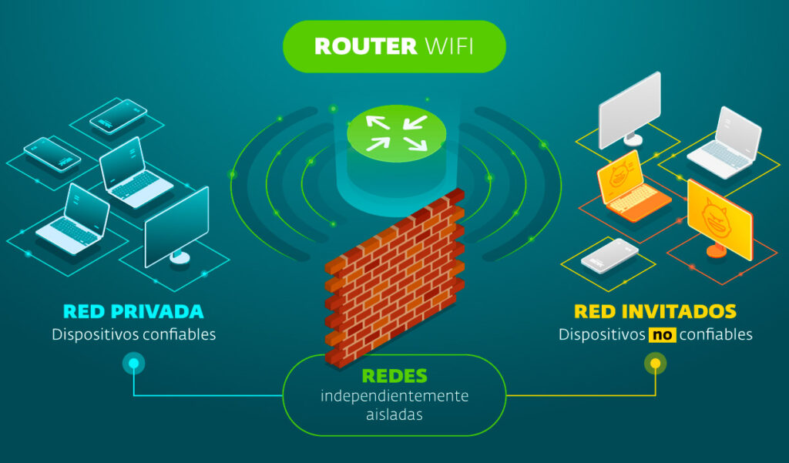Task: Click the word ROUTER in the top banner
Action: click(366, 46)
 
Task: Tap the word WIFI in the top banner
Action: click(449, 46)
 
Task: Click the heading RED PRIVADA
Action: click(133, 312)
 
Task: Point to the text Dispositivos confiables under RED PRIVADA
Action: click(133, 335)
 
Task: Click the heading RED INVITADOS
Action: click(655, 312)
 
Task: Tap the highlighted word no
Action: click(661, 335)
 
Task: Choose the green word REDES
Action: click(394, 376)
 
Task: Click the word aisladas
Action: click(394, 414)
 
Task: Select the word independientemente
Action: click(394, 396)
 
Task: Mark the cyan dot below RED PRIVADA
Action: click(133, 364)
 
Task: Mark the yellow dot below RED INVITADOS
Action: click(655, 364)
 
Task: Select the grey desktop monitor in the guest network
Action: click(630, 108)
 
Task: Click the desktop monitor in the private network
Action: click(176, 227)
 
